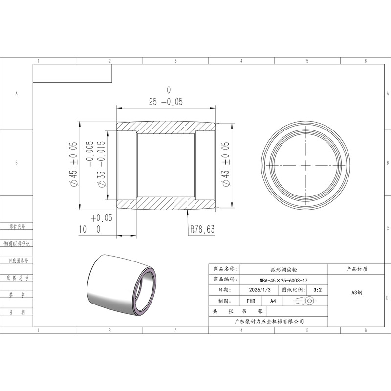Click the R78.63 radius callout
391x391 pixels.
(x=202, y=229)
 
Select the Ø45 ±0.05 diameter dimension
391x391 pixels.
(x=74, y=164)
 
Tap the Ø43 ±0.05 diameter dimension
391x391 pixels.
(x=225, y=164)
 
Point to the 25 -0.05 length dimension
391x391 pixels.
(x=166, y=102)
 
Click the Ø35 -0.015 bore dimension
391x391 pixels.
(x=102, y=164)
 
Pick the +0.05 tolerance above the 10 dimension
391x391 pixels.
(x=102, y=218)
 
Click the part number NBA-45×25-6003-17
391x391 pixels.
(x=283, y=280)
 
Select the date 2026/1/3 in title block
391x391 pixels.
(x=260, y=290)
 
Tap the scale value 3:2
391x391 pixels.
(x=317, y=290)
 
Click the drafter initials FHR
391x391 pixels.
(x=251, y=301)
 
